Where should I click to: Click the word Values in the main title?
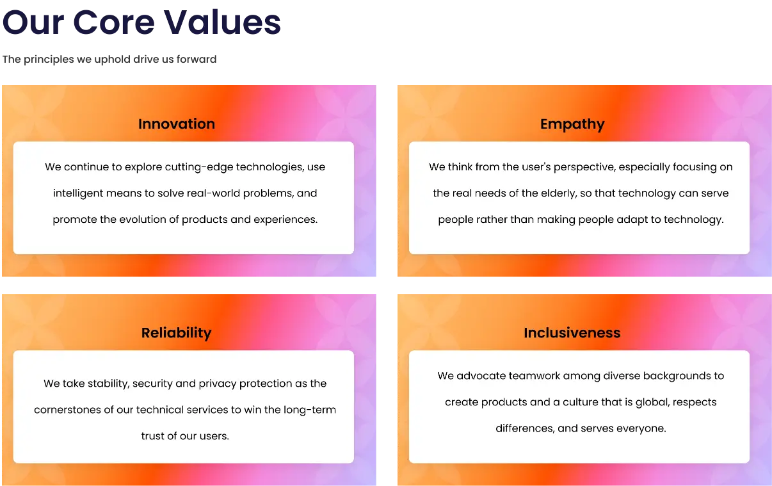pos(222,22)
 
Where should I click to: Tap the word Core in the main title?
pos(114,22)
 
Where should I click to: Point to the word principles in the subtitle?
pos(49,60)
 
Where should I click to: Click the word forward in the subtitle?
pos(197,60)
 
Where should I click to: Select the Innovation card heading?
pos(177,124)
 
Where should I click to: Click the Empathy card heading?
pos(572,124)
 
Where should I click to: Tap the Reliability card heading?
pos(177,333)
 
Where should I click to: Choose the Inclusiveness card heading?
pos(572,332)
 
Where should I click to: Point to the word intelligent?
pos(78,193)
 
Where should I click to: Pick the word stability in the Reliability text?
pos(109,384)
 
